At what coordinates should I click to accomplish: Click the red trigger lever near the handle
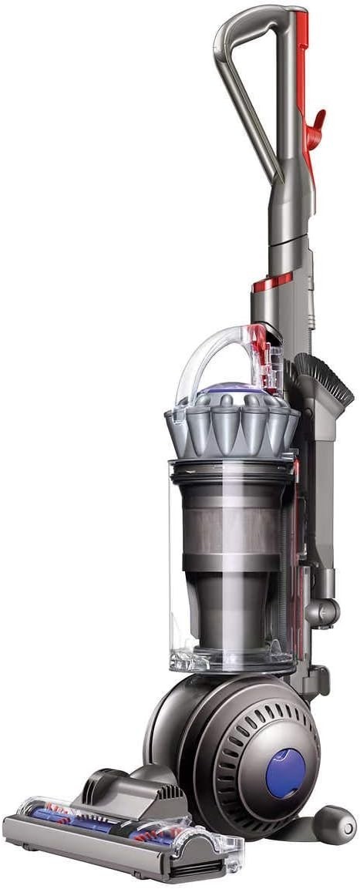(314, 123)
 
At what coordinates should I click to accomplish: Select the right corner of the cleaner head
(224, 856)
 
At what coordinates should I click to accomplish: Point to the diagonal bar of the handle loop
(247, 108)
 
